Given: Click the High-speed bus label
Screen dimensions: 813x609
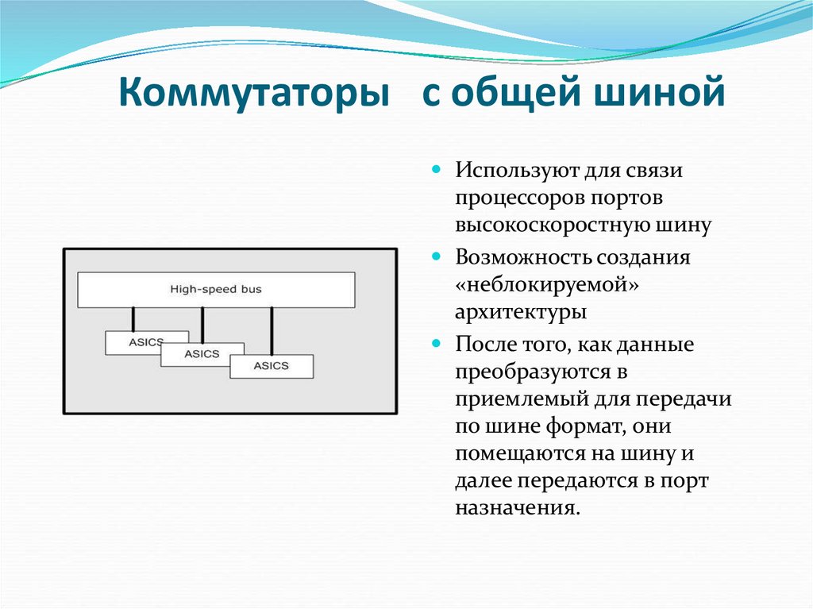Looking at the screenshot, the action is point(216,290).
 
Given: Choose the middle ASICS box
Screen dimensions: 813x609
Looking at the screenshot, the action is point(202,354).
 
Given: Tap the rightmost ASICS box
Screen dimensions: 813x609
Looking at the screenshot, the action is point(272,366).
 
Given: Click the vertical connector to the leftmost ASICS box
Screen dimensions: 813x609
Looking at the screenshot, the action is point(133,319).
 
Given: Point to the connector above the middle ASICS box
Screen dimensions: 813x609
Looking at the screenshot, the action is point(203,325).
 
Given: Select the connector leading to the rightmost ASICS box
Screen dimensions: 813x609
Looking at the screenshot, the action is point(272,331).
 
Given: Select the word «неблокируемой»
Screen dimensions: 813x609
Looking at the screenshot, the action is point(548,284).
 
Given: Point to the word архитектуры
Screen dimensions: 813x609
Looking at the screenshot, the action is point(521,312).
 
